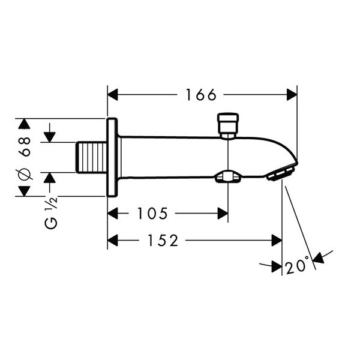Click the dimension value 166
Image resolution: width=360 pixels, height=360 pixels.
(x=201, y=95)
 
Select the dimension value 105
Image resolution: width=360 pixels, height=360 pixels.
(x=152, y=214)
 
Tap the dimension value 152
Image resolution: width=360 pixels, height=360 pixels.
(x=163, y=241)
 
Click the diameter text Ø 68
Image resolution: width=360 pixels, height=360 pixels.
(x=25, y=158)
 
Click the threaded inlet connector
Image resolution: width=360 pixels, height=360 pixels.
(x=91, y=157)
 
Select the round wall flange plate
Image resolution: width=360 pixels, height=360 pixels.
(x=112, y=157)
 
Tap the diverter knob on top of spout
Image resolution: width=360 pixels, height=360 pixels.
(x=228, y=125)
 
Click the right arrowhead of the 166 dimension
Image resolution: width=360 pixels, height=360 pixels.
(x=292, y=95)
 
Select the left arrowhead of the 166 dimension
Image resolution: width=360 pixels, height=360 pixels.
(x=113, y=95)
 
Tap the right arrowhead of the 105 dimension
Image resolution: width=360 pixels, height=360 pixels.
(x=223, y=214)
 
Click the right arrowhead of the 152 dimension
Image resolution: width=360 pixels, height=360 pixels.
(x=277, y=241)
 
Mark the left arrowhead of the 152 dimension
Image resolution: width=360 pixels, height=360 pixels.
(x=113, y=241)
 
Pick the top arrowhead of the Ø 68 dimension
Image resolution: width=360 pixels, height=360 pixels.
(x=25, y=124)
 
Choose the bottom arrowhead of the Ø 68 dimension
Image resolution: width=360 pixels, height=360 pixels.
(x=25, y=191)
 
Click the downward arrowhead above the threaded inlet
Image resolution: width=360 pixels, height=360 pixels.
(x=50, y=137)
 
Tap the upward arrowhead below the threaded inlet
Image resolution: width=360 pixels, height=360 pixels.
(x=50, y=178)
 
